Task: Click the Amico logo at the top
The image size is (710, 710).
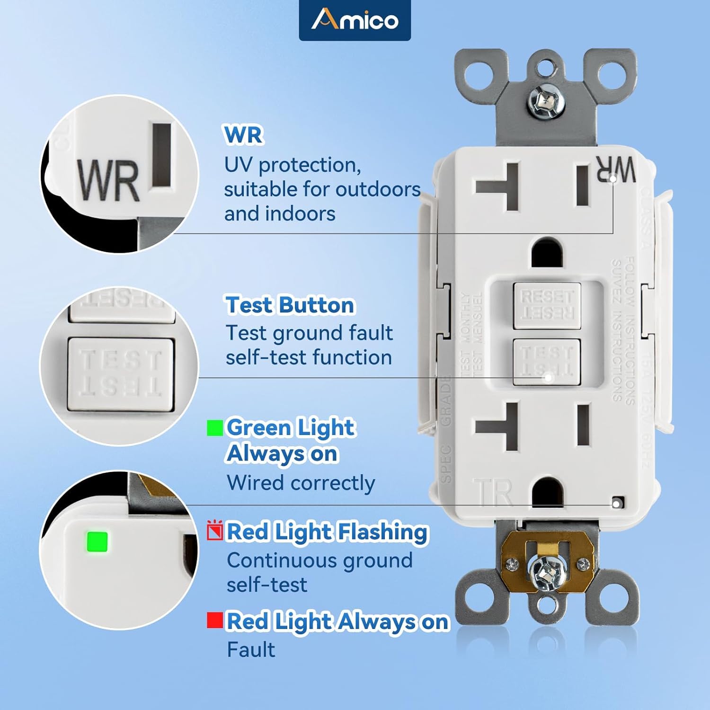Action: [355, 20]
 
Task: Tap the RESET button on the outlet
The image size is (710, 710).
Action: [547, 305]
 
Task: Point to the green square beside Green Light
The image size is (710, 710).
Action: [215, 427]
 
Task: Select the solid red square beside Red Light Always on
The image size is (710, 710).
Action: [215, 621]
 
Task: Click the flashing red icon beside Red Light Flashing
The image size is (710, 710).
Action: [215, 531]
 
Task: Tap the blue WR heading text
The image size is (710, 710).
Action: [243, 134]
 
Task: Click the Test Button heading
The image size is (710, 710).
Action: [290, 305]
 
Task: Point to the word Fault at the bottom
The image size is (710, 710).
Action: [251, 649]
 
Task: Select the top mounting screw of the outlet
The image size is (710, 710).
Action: [546, 103]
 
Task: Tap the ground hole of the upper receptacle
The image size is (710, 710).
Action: [547, 253]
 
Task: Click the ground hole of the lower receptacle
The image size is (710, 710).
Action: [547, 492]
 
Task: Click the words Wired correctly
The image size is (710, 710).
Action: [301, 483]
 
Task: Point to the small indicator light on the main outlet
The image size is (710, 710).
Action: [616, 503]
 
